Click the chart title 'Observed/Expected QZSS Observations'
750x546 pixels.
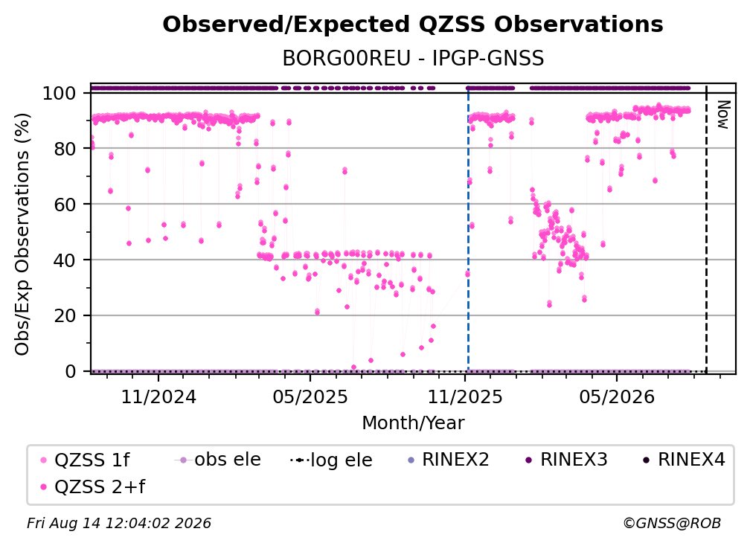(x=413, y=25)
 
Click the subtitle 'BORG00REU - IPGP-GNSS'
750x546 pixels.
(x=413, y=58)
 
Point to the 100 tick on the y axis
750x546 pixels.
(x=60, y=93)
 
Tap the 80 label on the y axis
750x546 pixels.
(x=65, y=149)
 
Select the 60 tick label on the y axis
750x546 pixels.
(x=65, y=204)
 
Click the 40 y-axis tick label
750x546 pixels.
(x=65, y=260)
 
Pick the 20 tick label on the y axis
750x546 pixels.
(x=65, y=315)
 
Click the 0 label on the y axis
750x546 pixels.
(x=71, y=371)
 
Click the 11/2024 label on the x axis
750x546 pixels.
(x=158, y=396)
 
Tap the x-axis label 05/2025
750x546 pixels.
(x=310, y=396)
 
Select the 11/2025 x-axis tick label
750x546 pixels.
(x=465, y=396)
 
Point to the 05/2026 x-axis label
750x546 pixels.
(x=617, y=396)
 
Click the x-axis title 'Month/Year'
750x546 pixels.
(x=413, y=423)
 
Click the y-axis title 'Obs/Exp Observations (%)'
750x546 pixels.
(x=22, y=234)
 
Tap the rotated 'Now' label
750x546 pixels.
(x=722, y=115)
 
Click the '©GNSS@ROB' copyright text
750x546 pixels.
(x=672, y=523)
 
